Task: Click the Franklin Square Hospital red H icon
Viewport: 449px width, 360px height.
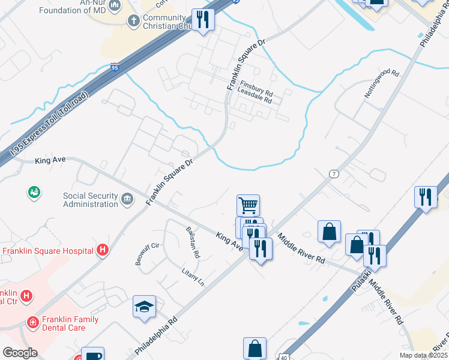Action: (x=103, y=250)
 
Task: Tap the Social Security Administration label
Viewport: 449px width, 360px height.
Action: (x=91, y=200)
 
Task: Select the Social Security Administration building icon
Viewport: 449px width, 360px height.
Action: (x=127, y=199)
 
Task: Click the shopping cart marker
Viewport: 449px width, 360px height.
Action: (x=248, y=205)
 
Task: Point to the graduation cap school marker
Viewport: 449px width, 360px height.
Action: (x=144, y=307)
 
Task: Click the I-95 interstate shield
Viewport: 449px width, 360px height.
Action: (x=115, y=68)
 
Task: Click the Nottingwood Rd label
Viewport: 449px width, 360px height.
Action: (x=381, y=83)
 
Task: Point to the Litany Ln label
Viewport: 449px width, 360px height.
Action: (x=193, y=277)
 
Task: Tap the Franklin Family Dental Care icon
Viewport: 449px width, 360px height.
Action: (x=32, y=323)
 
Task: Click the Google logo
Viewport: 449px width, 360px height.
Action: (x=20, y=353)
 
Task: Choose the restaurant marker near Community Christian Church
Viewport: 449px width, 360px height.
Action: (x=203, y=19)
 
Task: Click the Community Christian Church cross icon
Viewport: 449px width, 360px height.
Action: (x=134, y=21)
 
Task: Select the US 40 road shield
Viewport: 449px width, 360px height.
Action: (x=283, y=356)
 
